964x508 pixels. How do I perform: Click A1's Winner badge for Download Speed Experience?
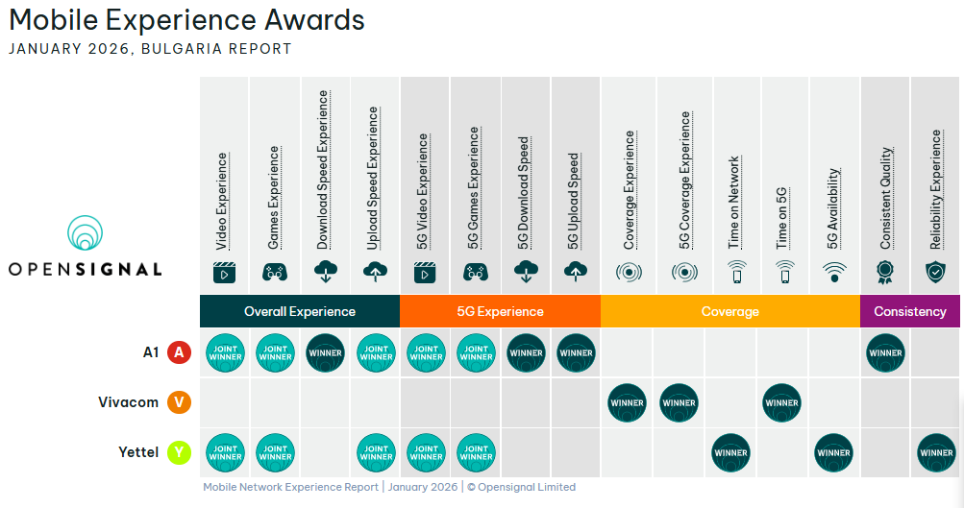(x=325, y=352)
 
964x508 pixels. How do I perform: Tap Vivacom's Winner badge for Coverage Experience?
(x=627, y=403)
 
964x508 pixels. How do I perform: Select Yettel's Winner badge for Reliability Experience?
(x=936, y=452)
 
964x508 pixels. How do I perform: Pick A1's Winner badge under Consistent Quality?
(x=885, y=352)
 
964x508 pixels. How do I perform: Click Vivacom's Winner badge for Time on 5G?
(x=781, y=403)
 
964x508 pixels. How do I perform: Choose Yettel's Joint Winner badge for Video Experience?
(x=225, y=452)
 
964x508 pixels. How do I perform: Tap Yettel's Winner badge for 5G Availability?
(x=833, y=452)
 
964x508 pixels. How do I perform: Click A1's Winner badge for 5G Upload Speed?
(x=576, y=352)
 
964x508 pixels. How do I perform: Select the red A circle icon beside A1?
(x=179, y=352)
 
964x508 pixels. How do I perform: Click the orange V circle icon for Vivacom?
(x=179, y=402)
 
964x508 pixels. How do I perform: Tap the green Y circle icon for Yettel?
(x=179, y=452)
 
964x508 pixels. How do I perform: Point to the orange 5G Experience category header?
(x=500, y=311)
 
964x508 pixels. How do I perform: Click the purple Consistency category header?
(x=910, y=311)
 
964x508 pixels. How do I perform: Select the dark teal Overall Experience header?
(x=300, y=311)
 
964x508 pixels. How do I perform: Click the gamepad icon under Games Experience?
(x=275, y=272)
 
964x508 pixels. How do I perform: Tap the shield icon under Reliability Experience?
(x=936, y=272)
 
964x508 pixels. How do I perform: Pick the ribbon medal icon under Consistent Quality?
(x=884, y=272)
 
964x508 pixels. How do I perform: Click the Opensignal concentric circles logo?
(x=85, y=232)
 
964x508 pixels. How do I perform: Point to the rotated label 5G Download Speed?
(x=523, y=193)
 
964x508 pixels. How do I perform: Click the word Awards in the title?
(x=314, y=19)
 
